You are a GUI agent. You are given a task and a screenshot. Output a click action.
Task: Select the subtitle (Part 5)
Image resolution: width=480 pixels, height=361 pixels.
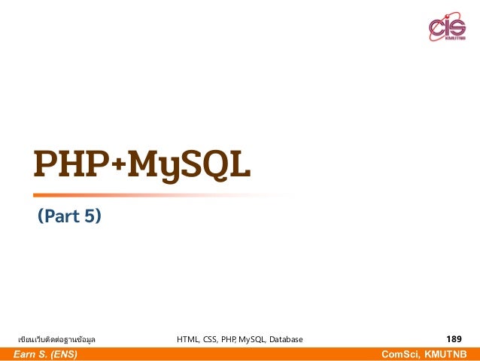69,218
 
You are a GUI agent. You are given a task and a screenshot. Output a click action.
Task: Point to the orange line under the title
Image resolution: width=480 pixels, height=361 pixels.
150,195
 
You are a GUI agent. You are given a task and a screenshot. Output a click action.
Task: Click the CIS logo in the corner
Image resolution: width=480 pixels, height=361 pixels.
447,29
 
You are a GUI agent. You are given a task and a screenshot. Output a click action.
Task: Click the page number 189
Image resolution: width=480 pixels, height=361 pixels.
454,339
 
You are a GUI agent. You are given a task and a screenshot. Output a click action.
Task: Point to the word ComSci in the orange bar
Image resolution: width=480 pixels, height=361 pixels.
399,354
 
